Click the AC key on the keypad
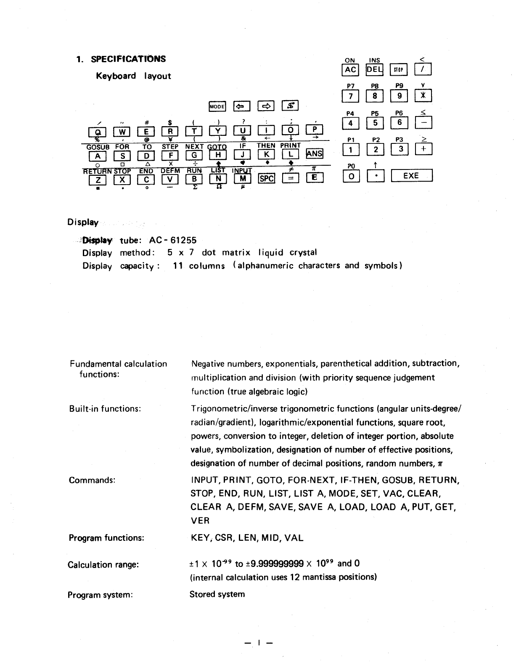(x=350, y=70)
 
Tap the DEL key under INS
(x=374, y=70)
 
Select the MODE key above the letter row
(x=217, y=107)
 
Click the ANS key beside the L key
(x=315, y=154)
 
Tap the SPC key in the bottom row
(x=266, y=179)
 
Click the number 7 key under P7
(x=350, y=96)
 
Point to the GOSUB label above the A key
(x=98, y=147)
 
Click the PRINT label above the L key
(x=291, y=146)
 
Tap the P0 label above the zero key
(x=351, y=167)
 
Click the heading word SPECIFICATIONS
(x=128, y=59)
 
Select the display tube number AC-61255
(x=172, y=240)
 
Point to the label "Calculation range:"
(x=103, y=565)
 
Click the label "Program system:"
(x=101, y=595)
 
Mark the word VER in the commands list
(x=200, y=521)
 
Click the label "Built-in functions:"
(x=105, y=409)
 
